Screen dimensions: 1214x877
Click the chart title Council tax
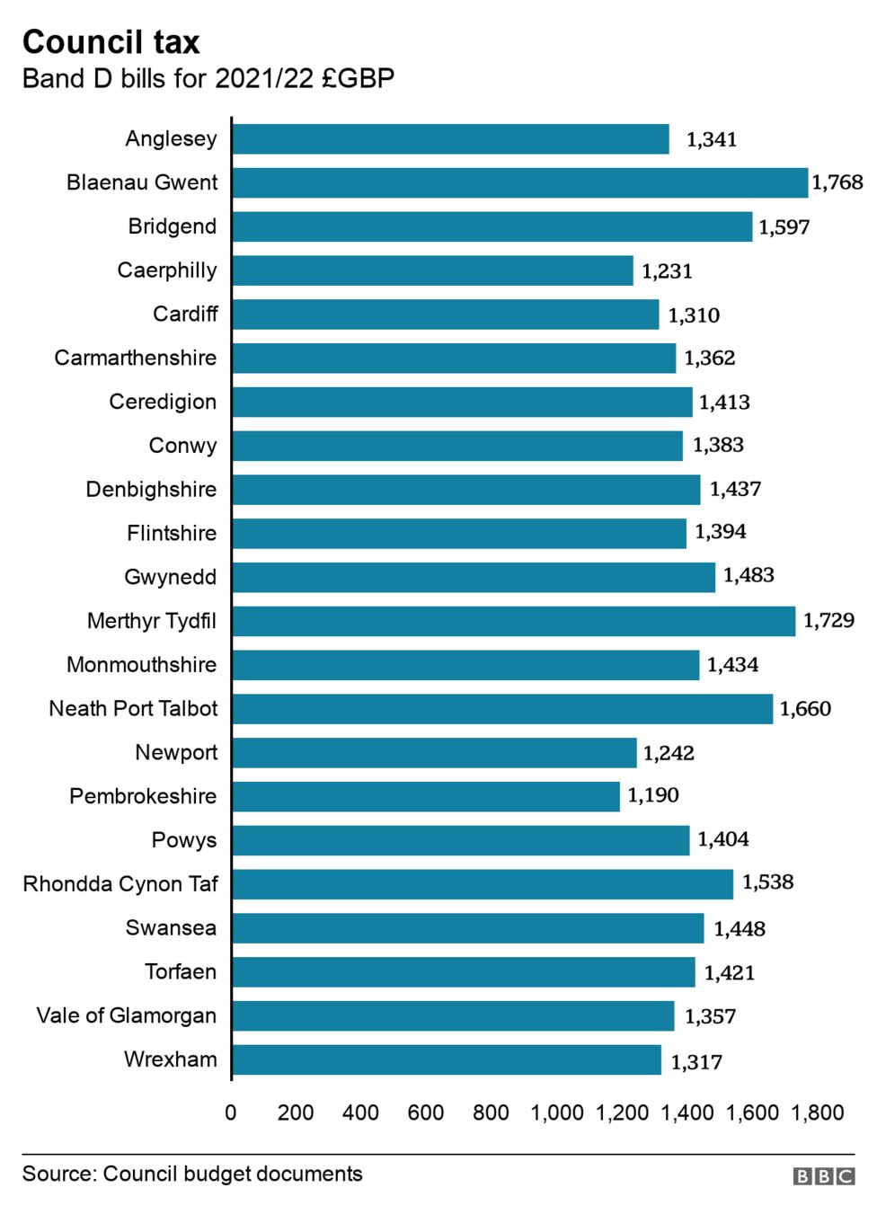[x=111, y=41]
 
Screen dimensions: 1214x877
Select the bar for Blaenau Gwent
[x=519, y=182]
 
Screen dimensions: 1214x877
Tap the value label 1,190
[x=653, y=795]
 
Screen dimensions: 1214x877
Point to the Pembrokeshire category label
[x=143, y=796]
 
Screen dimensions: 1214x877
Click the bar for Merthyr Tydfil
[x=513, y=621]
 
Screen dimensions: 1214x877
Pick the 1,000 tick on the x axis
[x=557, y=1112]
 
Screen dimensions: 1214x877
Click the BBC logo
[x=823, y=1176]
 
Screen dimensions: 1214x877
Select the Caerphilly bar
[x=432, y=270]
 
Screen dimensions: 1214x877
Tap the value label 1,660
[x=805, y=709]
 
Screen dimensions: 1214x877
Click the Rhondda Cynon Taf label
[x=120, y=884]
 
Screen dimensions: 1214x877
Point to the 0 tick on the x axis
[x=231, y=1112]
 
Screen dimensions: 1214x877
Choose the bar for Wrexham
[x=447, y=1060]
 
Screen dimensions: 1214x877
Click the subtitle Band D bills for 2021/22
[x=208, y=78]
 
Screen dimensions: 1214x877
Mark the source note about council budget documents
[x=192, y=1174]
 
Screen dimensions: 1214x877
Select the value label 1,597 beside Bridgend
[x=784, y=227]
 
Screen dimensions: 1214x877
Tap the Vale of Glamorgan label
[x=127, y=1015]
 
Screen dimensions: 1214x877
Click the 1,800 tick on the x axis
[x=817, y=1112]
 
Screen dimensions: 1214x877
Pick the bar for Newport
[x=434, y=753]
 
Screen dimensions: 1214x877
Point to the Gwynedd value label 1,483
[x=749, y=575]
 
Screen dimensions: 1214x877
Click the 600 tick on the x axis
[x=426, y=1112]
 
